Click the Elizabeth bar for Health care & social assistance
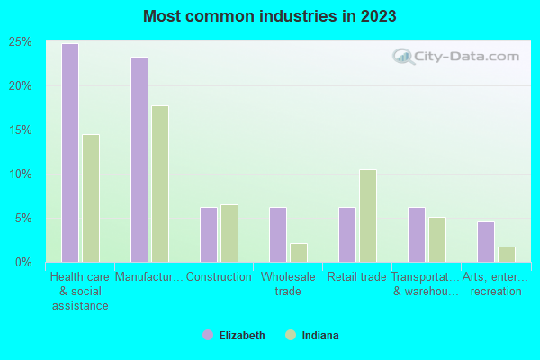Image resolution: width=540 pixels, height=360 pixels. click(70, 153)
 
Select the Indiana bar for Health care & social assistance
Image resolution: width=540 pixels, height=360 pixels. click(91, 198)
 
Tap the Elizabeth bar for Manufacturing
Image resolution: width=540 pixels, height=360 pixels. click(139, 159)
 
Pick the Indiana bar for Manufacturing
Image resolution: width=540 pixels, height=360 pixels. click(160, 184)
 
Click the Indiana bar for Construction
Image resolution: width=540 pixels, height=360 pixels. click(229, 233)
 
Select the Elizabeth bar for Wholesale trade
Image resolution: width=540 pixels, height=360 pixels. click(278, 235)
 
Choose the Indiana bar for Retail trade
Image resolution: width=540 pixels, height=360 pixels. click(368, 216)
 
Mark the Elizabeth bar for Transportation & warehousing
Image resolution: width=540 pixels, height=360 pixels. click(417, 235)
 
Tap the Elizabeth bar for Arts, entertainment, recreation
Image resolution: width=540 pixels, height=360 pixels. click(486, 242)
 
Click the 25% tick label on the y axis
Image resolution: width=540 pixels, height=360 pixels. click(21, 42)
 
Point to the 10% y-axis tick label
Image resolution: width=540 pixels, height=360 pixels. click(21, 174)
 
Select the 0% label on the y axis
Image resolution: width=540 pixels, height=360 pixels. click(24, 262)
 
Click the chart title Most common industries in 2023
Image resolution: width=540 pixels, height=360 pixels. click(269, 16)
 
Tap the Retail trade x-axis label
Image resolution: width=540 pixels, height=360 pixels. click(356, 277)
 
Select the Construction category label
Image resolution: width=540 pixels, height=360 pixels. click(219, 277)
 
